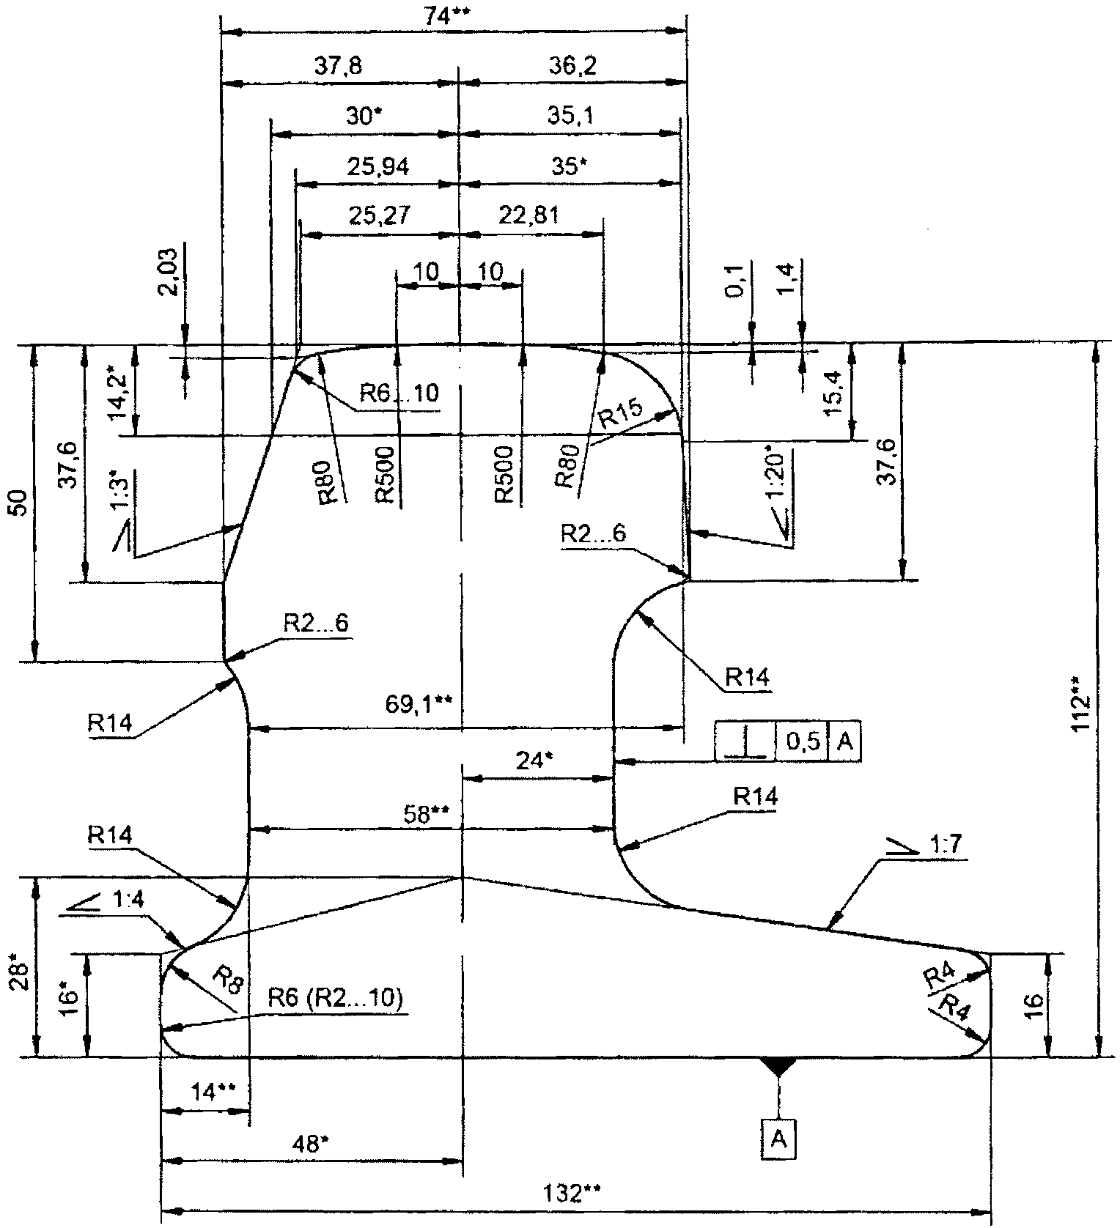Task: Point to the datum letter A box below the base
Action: (x=778, y=1139)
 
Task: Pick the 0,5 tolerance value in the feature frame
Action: (x=803, y=741)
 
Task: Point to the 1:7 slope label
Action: (x=948, y=846)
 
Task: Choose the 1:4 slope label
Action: (x=130, y=899)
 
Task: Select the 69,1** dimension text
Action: (x=419, y=704)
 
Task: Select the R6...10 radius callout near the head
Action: (x=399, y=393)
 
